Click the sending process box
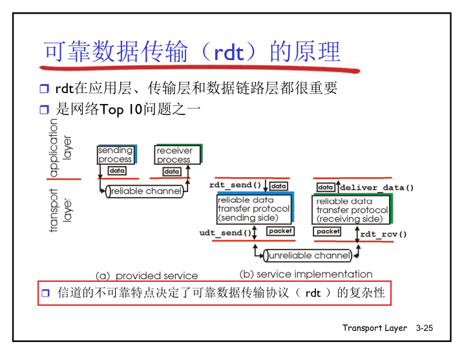(x=116, y=155)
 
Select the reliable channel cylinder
(x=145, y=191)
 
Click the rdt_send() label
(x=235, y=185)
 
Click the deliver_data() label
(x=377, y=187)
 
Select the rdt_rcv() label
(x=383, y=234)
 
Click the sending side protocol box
(x=253, y=209)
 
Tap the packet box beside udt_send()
(x=280, y=231)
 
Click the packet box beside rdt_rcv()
(x=328, y=231)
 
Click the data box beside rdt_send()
(x=279, y=186)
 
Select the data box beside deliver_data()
(x=325, y=187)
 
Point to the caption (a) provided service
(x=147, y=275)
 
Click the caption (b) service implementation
(x=306, y=274)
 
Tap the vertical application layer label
(x=61, y=148)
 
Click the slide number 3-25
(x=425, y=328)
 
